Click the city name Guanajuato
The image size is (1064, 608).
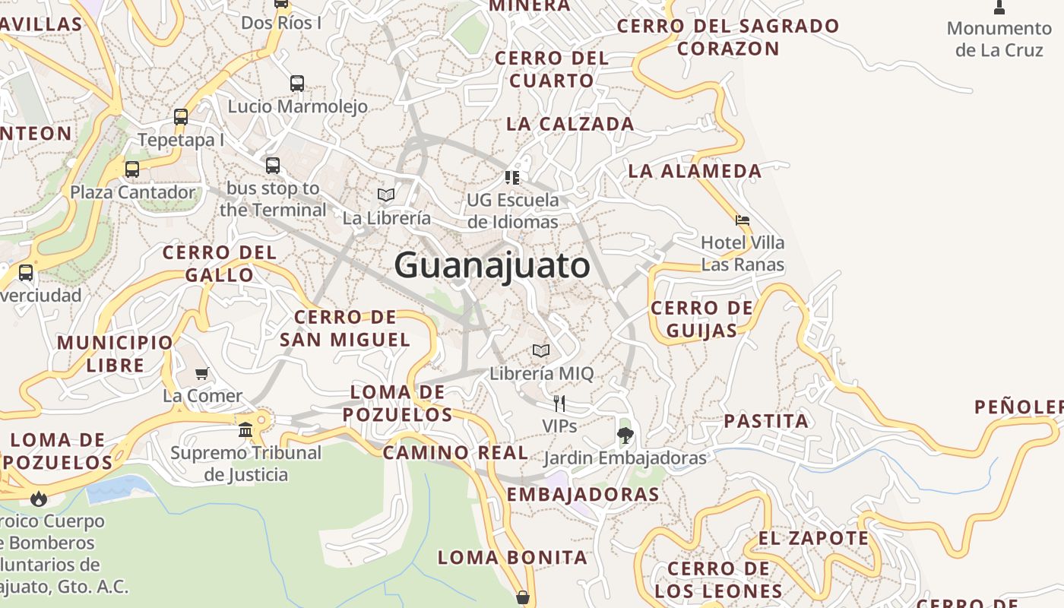click(492, 265)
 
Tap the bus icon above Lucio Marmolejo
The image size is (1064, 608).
click(297, 84)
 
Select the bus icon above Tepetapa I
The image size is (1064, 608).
click(181, 117)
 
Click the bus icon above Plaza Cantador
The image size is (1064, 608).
click(132, 169)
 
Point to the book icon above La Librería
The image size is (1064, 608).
click(386, 195)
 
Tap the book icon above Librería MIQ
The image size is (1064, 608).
click(541, 350)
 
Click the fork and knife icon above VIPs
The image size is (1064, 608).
click(559, 403)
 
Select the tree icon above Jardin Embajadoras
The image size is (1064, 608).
click(625, 435)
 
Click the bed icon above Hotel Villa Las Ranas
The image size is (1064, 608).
click(743, 220)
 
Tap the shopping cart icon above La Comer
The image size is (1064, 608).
click(202, 373)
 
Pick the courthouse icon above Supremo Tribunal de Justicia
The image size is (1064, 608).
click(245, 429)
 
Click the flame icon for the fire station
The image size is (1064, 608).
click(39, 499)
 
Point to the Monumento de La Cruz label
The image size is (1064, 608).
click(999, 39)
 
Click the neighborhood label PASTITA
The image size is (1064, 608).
click(766, 421)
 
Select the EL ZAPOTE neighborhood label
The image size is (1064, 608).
click(813, 538)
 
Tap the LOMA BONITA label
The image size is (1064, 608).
click(512, 557)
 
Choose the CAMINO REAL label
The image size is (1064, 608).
click(455, 453)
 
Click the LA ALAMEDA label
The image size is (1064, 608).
click(695, 171)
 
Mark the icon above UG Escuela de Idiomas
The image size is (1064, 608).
click(512, 178)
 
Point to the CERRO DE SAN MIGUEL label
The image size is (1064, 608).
click(345, 328)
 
